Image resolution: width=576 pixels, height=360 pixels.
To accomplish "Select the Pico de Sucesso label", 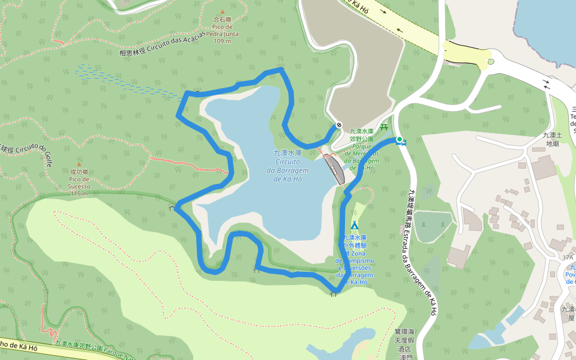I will click(x=79, y=182).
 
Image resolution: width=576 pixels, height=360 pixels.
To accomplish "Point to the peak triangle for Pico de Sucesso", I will click(x=79, y=164).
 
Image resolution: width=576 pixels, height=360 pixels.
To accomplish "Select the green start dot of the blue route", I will click(x=399, y=140).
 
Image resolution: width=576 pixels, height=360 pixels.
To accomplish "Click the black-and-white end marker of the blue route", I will click(x=339, y=125).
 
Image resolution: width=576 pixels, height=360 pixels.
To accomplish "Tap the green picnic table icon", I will click(x=385, y=127).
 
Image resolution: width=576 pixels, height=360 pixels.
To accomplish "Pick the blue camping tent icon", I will click(x=355, y=225).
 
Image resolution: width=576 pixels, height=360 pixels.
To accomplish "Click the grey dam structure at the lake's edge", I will click(x=335, y=169).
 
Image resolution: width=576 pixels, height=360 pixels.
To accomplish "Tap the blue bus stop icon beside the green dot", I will click(x=404, y=143).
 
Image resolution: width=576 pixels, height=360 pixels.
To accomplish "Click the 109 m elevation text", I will click(x=222, y=41).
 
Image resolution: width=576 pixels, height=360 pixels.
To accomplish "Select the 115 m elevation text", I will click(x=79, y=193).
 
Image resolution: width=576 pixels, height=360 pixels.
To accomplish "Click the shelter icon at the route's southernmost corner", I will click(x=334, y=294).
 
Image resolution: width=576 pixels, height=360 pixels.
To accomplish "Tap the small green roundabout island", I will click(x=490, y=61).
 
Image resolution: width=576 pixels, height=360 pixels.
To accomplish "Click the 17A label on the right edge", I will click(x=568, y=257).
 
